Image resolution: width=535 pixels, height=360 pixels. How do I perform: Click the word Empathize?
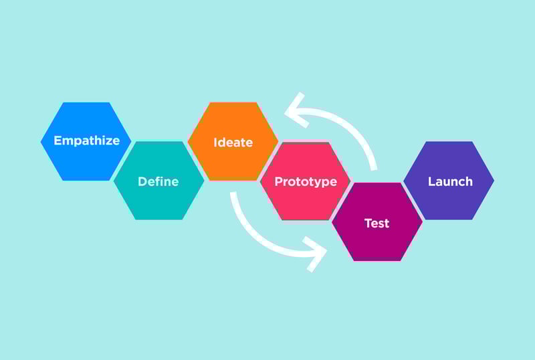(x=87, y=141)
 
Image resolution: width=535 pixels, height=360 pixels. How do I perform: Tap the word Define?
(x=158, y=181)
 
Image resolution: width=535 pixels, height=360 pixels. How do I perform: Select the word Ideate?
(x=233, y=142)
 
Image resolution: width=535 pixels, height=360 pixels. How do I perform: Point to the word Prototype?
(x=306, y=182)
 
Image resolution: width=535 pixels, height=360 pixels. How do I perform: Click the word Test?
(x=377, y=223)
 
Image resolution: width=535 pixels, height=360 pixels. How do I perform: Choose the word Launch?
(x=450, y=181)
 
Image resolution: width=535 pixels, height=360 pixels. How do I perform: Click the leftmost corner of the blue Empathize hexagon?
(x=41, y=141)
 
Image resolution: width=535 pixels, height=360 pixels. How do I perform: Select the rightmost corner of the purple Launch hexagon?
(x=494, y=181)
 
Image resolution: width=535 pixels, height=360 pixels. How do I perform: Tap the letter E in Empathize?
(x=58, y=141)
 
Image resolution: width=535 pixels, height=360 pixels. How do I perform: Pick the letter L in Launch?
(x=431, y=181)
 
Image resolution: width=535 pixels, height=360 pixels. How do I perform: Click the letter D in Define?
(x=142, y=181)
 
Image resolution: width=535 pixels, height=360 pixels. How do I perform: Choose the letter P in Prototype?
(x=279, y=181)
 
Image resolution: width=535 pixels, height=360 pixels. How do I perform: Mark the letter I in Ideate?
(x=215, y=142)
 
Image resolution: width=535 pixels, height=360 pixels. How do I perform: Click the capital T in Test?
(x=368, y=223)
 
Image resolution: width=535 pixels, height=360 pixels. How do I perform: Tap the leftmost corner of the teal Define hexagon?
(x=114, y=181)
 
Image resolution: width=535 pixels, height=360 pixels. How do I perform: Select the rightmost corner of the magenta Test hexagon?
(x=423, y=222)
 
